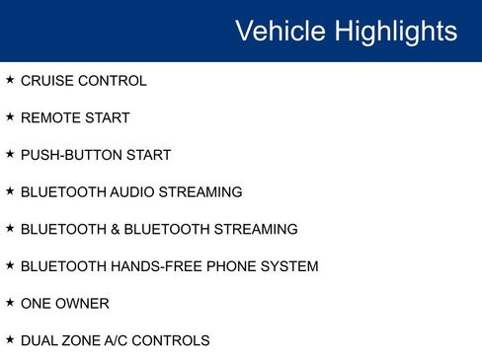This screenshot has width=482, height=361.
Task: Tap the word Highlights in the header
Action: (394, 31)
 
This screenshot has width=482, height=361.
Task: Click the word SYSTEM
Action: (289, 266)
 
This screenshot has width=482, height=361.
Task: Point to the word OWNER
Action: (84, 304)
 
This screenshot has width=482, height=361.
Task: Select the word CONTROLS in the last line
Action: (177, 340)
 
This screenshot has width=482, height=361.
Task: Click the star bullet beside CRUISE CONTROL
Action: (10, 80)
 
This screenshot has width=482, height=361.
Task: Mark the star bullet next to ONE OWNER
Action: (10, 303)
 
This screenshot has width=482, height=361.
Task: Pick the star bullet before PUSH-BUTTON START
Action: (10, 154)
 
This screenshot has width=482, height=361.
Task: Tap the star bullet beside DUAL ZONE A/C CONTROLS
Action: (10, 339)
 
